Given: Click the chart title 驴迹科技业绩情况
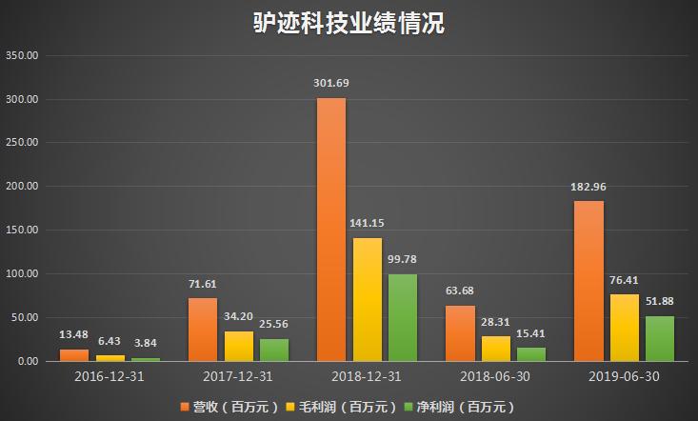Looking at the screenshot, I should click(x=349, y=23).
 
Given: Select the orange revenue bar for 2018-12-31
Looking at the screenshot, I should click(x=331, y=229).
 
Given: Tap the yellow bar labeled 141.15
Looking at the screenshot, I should click(x=368, y=299).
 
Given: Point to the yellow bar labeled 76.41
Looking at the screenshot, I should click(x=625, y=328).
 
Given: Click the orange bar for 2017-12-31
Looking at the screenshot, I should click(x=203, y=330).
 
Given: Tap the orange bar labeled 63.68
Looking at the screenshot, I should click(x=460, y=332).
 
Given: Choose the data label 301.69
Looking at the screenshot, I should click(x=331, y=83).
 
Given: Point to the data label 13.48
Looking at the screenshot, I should click(x=73, y=334).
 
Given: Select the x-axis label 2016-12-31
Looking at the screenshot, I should click(x=110, y=376).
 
